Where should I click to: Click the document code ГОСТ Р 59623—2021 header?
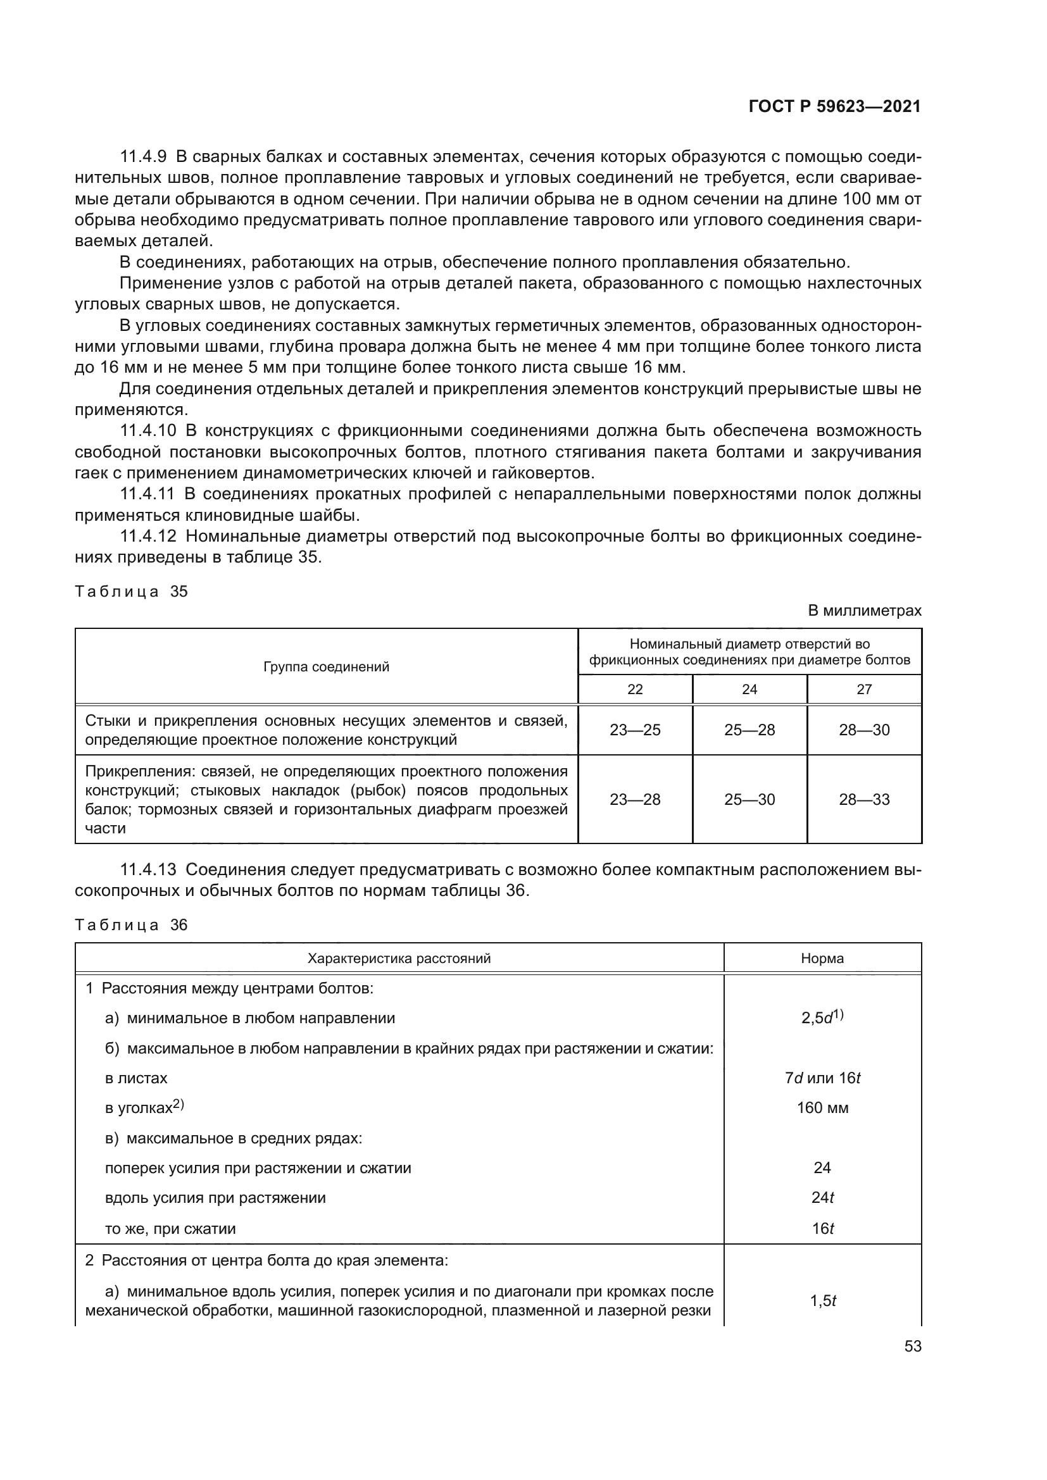834,107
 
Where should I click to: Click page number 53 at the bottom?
912,1346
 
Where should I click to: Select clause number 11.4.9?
143,157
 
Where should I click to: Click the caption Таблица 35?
131,591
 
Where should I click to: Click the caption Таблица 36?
131,925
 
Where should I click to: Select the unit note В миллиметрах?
865,611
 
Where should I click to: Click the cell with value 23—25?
635,730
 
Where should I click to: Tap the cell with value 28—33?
864,800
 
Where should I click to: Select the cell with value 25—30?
749,800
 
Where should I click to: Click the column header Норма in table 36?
822,959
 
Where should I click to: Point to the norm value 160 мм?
822,1108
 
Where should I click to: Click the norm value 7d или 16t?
822,1078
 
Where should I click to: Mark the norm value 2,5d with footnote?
822,1018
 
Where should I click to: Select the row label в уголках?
144,1108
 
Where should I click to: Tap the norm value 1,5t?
822,1301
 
